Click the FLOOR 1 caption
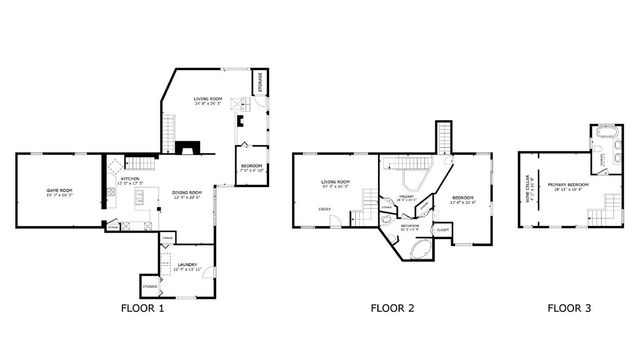(142, 309)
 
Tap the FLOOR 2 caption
(392, 309)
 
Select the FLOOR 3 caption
(569, 309)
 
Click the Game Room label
(58, 192)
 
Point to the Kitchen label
(130, 182)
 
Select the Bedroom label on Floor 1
(251, 167)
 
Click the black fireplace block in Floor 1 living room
(185, 147)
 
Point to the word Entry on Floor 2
(324, 209)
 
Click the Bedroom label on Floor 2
(463, 200)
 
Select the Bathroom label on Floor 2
(410, 227)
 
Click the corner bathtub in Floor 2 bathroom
(417, 248)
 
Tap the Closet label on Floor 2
(442, 229)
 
